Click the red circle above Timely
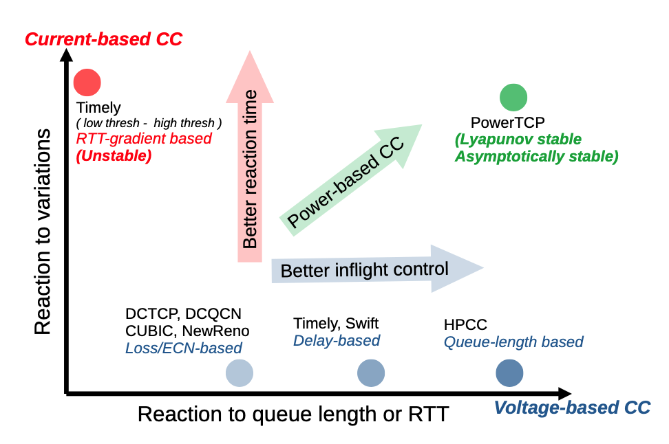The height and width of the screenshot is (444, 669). coord(87,82)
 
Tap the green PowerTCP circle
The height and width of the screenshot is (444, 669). coord(513,98)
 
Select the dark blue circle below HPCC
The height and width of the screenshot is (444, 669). coord(509,373)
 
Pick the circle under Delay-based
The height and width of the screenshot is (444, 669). coord(370,373)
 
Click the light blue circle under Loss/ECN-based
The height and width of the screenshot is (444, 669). coord(240,373)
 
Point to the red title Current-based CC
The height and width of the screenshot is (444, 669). coord(103,39)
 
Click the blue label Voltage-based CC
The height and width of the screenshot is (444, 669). coord(571,408)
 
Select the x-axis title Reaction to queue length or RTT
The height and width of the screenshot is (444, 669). coord(293,414)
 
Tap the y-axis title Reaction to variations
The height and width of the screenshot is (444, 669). coord(43,231)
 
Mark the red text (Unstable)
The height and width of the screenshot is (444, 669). coord(114,155)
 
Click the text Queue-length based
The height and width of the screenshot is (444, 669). coord(513,342)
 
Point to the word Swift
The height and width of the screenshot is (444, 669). coord(362,323)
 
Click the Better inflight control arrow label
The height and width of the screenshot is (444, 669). coord(364,269)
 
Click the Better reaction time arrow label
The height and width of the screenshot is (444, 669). coord(251,168)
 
